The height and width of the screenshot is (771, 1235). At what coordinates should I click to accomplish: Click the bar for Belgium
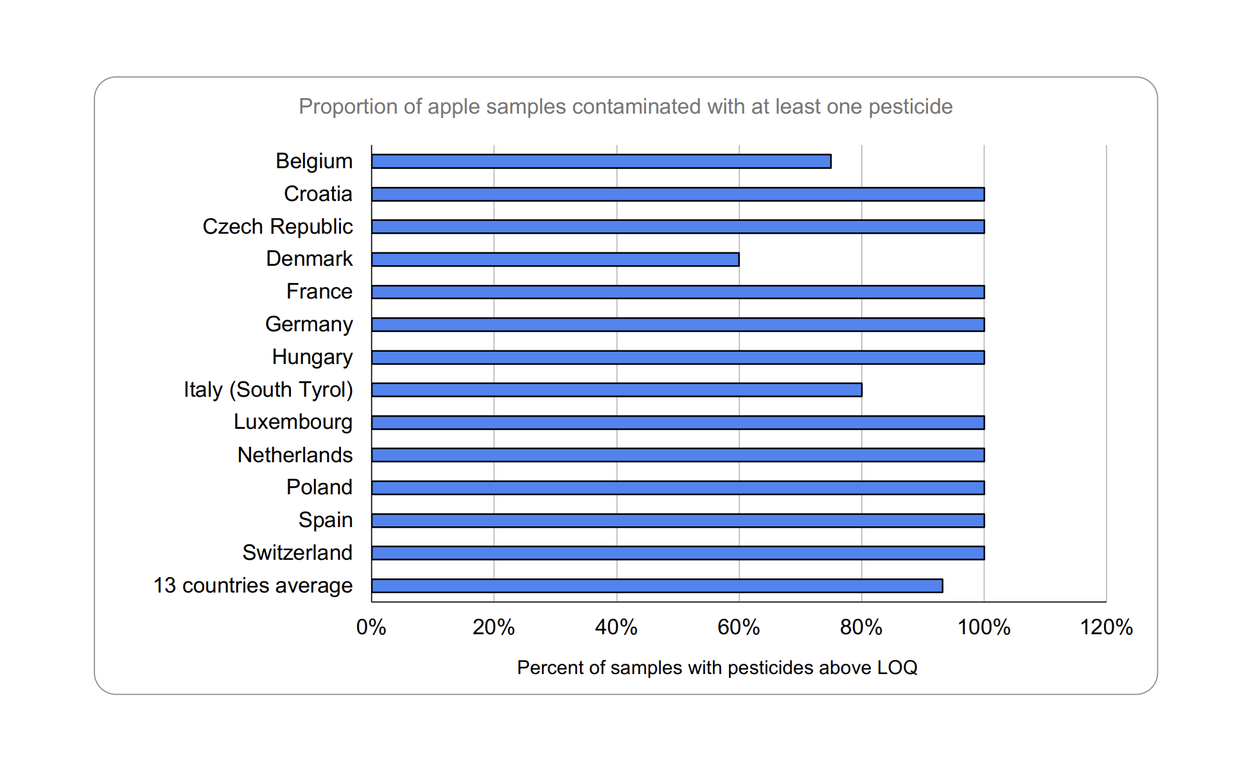[601, 161]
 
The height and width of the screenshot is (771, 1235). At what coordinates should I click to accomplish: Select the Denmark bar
[555, 259]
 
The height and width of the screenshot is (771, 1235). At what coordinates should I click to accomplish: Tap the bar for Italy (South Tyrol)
[617, 390]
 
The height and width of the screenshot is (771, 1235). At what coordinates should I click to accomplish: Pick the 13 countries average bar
[657, 585]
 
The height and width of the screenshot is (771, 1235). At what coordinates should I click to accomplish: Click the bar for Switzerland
[678, 553]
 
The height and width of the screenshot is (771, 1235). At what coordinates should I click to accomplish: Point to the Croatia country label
[318, 194]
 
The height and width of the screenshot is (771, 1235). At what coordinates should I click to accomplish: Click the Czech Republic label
[277, 227]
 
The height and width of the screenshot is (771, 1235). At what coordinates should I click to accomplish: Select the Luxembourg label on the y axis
[293, 422]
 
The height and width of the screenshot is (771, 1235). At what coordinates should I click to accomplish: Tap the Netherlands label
[295, 455]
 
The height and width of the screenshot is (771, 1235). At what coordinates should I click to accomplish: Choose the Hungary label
[312, 357]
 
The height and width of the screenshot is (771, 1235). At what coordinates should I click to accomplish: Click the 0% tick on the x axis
[371, 627]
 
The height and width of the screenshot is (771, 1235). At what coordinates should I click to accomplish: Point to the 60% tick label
[739, 627]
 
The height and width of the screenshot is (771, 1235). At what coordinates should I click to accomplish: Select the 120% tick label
[1106, 627]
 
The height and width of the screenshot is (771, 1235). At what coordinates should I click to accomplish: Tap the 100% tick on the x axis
[984, 627]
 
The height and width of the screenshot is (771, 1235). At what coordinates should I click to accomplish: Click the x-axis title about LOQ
[717, 668]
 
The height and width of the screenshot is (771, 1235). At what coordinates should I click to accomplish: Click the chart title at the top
[626, 107]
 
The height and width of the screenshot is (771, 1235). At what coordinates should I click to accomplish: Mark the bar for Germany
[678, 325]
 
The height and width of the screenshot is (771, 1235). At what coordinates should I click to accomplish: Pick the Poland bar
[678, 488]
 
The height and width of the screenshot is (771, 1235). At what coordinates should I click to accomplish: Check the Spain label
[326, 520]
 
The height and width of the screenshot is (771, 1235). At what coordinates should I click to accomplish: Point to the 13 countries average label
[253, 585]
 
